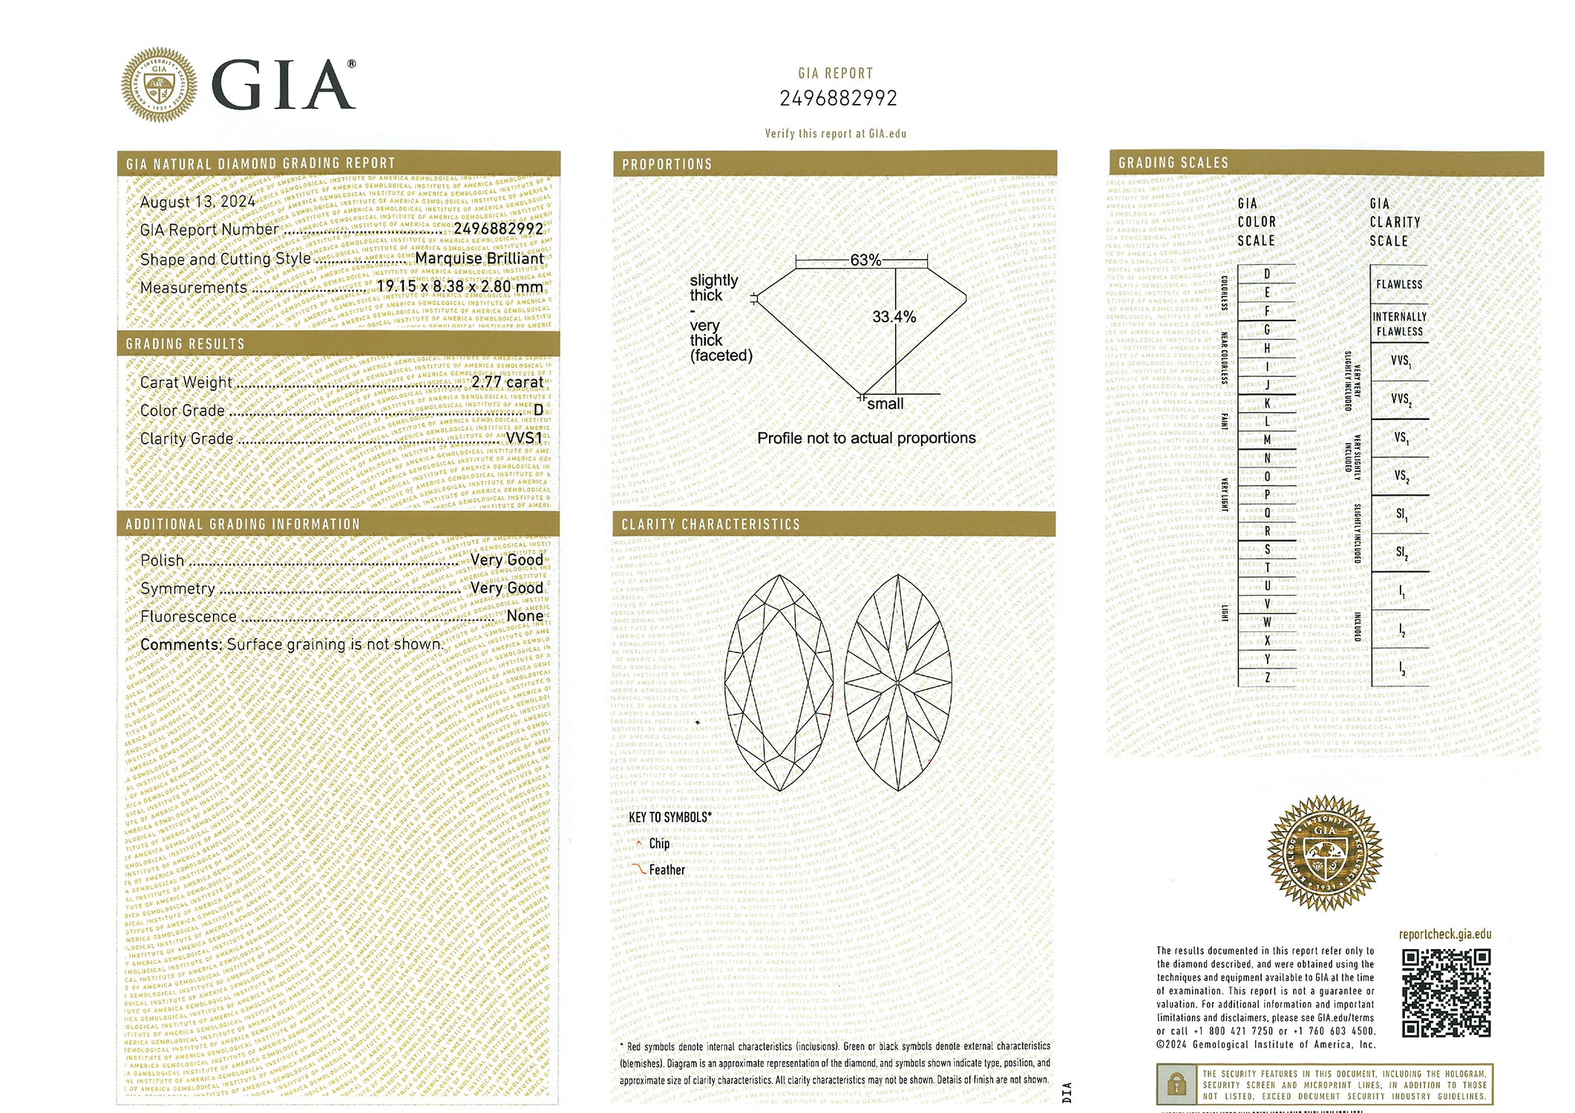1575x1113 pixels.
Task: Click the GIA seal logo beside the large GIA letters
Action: point(160,85)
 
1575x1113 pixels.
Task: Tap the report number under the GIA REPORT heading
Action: point(838,98)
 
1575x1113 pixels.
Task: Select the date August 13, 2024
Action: point(197,201)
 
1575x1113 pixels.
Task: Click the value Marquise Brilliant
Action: point(479,258)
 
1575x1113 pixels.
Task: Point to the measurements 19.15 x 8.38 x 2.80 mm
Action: point(459,286)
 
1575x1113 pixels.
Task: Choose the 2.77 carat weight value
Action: point(508,381)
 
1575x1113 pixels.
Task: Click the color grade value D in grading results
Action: point(538,410)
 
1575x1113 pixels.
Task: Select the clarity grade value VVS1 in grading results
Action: point(524,438)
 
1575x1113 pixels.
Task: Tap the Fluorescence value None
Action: point(525,616)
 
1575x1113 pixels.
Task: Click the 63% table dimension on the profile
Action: point(865,260)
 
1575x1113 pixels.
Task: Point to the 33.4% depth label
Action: point(894,317)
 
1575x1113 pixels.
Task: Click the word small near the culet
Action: point(885,404)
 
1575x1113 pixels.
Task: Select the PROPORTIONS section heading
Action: point(667,164)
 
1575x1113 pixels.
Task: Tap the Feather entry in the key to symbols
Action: point(667,870)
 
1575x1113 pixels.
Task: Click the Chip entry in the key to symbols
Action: point(659,844)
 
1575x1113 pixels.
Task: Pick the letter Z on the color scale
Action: point(1267,677)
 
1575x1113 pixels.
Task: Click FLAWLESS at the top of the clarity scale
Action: point(1399,284)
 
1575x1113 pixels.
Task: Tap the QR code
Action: point(1446,993)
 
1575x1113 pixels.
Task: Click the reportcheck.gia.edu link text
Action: point(1444,934)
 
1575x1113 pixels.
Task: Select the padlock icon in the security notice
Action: point(1176,1085)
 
